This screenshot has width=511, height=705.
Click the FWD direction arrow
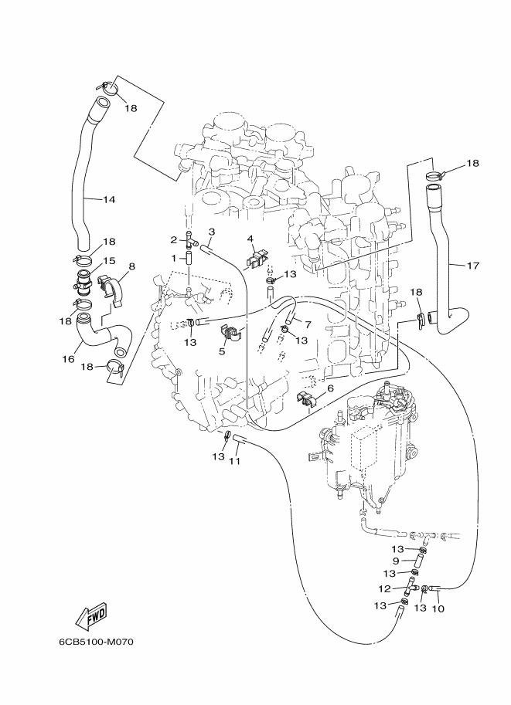[x=91, y=616]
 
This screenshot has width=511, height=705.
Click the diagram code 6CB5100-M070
[x=96, y=642]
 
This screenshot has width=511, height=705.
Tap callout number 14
[x=109, y=199]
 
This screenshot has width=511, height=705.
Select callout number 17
[x=472, y=266]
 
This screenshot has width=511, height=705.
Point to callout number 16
[x=69, y=359]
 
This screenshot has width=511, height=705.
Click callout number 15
[x=110, y=261]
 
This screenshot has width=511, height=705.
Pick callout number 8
[x=131, y=266]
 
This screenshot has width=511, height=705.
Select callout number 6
[x=330, y=388]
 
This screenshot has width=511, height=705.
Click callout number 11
[x=234, y=461]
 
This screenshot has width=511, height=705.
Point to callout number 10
[x=438, y=608]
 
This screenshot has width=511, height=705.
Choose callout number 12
[x=384, y=588]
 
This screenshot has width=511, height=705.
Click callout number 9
[x=396, y=561]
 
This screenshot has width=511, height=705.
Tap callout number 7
[x=308, y=324]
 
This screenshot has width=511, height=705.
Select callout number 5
[x=222, y=351]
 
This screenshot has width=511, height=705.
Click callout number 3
[x=212, y=232]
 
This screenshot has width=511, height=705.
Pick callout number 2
[x=174, y=239]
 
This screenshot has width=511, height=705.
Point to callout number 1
[x=174, y=259]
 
